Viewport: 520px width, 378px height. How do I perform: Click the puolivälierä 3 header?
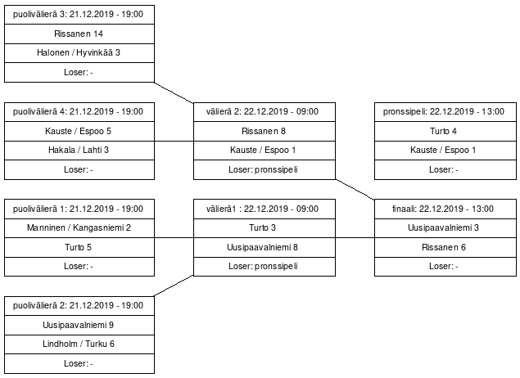pos(79,15)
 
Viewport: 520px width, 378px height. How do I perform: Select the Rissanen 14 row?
pos(79,34)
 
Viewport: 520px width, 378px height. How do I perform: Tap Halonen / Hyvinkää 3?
pos(79,53)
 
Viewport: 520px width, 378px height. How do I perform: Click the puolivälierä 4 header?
pos(79,112)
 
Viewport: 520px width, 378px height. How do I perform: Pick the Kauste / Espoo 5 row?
pos(79,131)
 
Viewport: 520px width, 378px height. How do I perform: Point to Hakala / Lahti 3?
pos(79,151)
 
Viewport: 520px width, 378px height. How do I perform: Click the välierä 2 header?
pos(265,112)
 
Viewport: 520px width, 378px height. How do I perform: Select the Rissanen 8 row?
pos(265,131)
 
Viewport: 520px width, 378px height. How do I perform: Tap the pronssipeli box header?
pos(445,112)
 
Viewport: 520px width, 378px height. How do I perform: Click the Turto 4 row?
pos(445,131)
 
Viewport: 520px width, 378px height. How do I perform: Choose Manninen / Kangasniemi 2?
pos(79,228)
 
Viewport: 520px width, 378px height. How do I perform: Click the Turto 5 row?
pos(79,247)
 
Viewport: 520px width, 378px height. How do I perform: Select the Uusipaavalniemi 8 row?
pos(265,247)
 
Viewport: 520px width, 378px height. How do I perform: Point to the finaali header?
pos(445,209)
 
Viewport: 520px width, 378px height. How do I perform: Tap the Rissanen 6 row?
pos(445,247)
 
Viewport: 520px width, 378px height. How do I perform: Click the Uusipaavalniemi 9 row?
pos(79,325)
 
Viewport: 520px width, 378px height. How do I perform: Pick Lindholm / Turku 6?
pos(79,344)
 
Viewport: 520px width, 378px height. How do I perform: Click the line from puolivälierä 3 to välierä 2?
pos(174,92)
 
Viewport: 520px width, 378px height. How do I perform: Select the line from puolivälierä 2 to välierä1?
pos(174,286)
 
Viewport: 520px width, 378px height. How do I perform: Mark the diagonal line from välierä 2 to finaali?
pos(355,190)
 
